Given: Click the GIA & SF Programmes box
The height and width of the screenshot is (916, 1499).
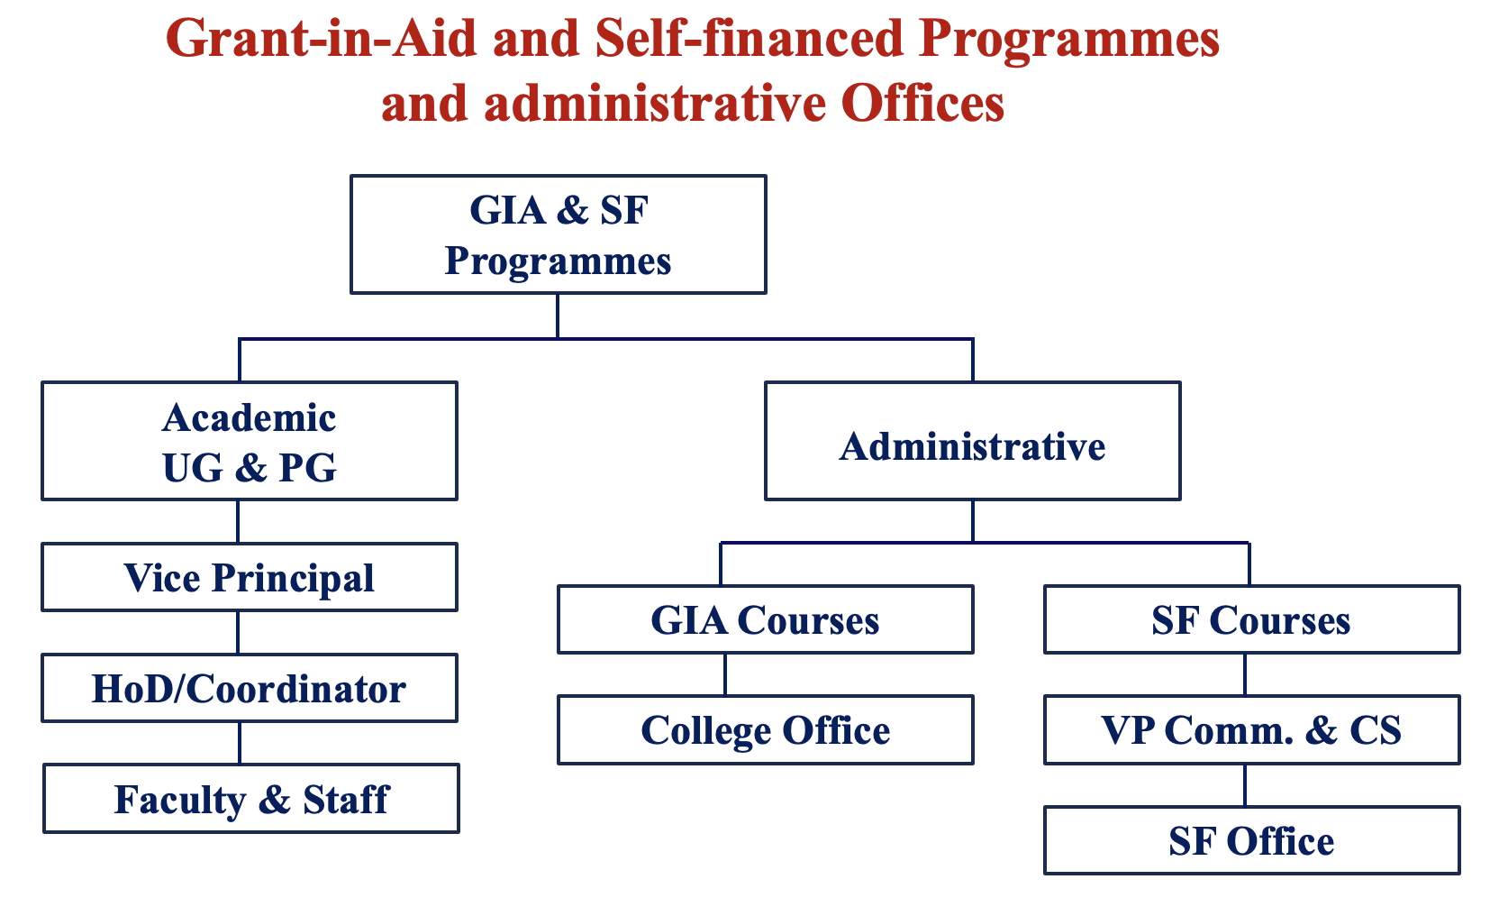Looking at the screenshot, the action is (559, 234).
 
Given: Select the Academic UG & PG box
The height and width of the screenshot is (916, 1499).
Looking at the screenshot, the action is (250, 441).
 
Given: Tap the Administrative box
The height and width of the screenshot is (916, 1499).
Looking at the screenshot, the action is (972, 441).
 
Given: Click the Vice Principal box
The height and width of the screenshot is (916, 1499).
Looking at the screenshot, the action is (250, 577).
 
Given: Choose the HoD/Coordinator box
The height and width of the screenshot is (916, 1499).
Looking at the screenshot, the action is (250, 688).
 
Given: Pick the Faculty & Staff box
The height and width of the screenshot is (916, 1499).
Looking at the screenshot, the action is (251, 798).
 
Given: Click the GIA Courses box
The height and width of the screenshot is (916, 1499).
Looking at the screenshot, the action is (766, 619).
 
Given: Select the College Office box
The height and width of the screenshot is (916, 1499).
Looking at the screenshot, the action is (766, 730).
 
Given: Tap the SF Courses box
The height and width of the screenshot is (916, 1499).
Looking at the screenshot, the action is (1252, 619).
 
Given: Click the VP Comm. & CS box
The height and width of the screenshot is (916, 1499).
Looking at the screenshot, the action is (1252, 730).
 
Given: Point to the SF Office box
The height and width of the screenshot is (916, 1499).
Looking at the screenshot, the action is (1252, 840).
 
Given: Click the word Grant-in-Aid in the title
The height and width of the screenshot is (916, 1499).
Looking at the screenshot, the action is (322, 39).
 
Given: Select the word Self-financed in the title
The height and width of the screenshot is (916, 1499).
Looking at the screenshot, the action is (749, 39).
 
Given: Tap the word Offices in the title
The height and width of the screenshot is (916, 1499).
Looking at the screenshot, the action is (922, 104).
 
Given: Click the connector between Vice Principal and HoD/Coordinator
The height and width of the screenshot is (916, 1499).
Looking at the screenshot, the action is (238, 632).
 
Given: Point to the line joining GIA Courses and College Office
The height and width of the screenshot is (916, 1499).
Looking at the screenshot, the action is (725, 674).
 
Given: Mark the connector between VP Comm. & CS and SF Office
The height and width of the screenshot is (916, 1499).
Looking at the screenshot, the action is (1245, 784).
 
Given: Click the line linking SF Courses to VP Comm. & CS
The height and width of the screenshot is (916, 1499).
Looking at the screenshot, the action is (1245, 674).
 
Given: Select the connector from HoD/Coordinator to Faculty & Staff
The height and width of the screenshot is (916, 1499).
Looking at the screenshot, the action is (240, 743).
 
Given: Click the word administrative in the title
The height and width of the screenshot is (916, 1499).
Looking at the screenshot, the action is (655, 104).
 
